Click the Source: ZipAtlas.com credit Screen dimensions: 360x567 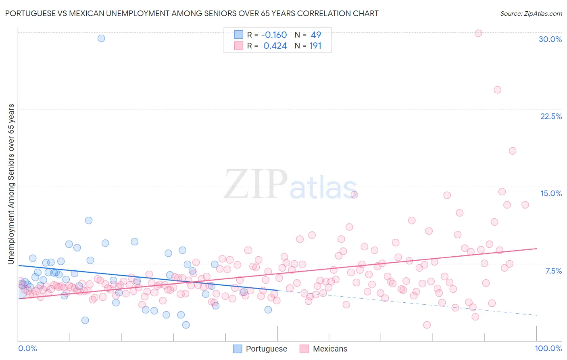pyautogui.click(x=531, y=13)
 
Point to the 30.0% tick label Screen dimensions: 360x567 pyautogui.click(x=550, y=39)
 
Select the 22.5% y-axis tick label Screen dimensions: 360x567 pyautogui.click(x=551, y=116)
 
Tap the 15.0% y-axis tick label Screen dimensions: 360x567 pyautogui.click(x=551, y=193)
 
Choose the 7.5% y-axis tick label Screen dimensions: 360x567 pyautogui.click(x=553, y=271)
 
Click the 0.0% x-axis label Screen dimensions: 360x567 pyautogui.click(x=27, y=348)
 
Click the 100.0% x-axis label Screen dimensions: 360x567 pyautogui.click(x=548, y=348)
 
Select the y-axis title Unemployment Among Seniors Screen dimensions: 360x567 pyautogui.click(x=11, y=184)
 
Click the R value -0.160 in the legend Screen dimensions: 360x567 pyautogui.click(x=274, y=35)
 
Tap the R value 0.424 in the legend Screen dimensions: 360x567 pyautogui.click(x=275, y=46)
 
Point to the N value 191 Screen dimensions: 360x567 pyautogui.click(x=315, y=46)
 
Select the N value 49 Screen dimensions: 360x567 pyautogui.click(x=316, y=35)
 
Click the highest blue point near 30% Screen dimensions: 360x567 pyautogui.click(x=101, y=38)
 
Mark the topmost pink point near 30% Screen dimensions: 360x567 pyautogui.click(x=478, y=33)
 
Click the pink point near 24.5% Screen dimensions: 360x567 pyautogui.click(x=497, y=90)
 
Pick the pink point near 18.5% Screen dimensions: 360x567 pyautogui.click(x=513, y=151)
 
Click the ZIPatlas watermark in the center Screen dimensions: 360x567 pyautogui.click(x=290, y=185)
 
